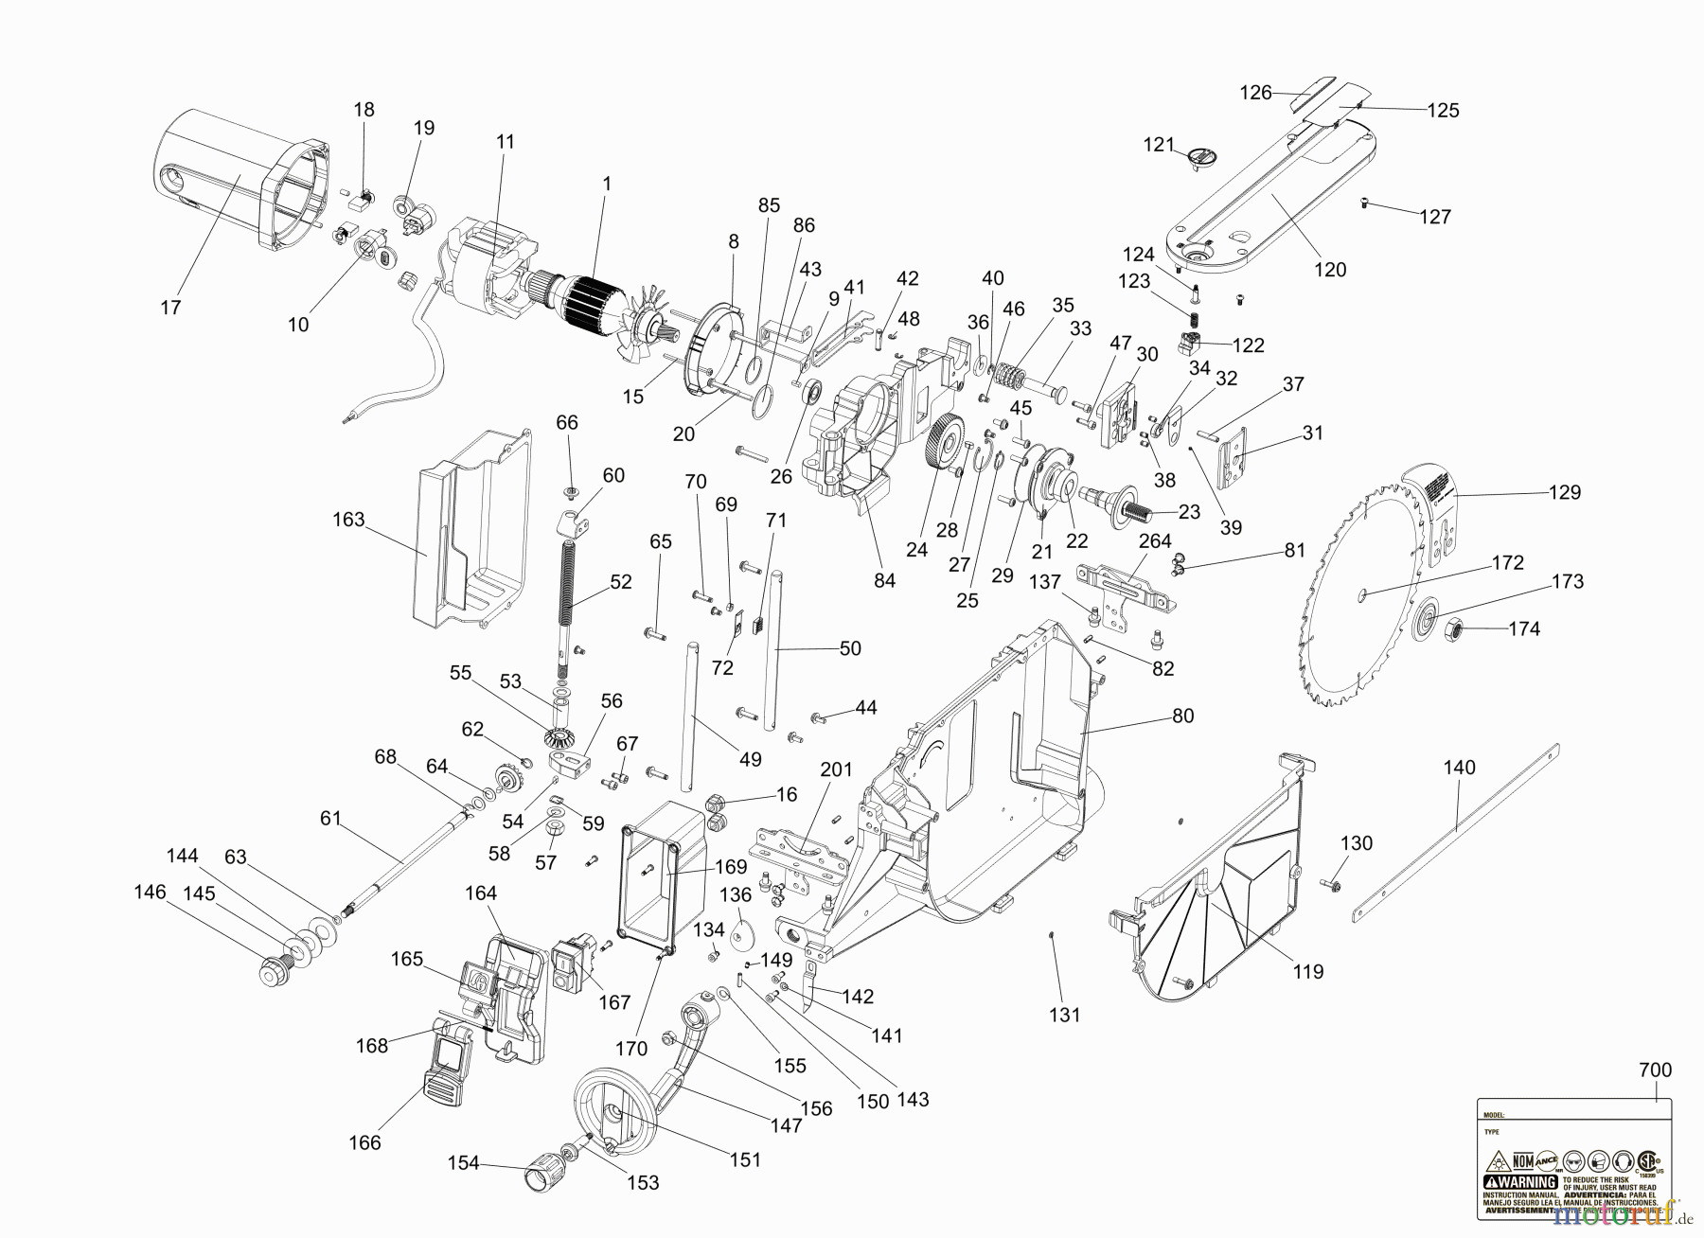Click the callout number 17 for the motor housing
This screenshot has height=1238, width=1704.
(170, 308)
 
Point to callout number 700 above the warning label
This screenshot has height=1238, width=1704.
(1655, 1070)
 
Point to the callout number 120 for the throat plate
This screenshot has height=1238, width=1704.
(1330, 270)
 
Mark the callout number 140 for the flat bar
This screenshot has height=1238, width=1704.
(1459, 768)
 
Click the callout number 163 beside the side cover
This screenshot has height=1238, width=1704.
(348, 520)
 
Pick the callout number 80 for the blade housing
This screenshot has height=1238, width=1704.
(1182, 716)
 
